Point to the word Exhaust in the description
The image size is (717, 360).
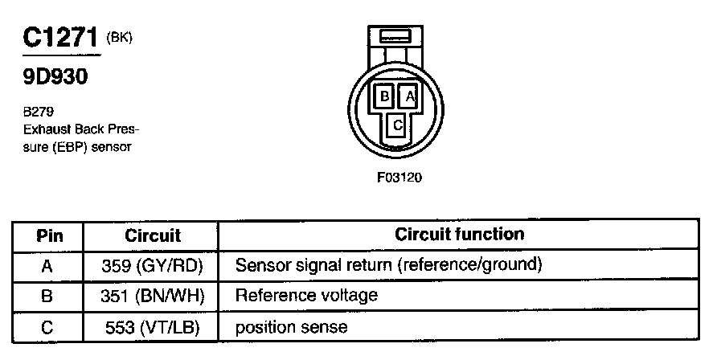pos(48,129)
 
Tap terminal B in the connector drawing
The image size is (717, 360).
pos(385,96)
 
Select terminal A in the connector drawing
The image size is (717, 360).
pos(408,96)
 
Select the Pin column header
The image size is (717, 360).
pos(49,236)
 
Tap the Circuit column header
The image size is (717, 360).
pos(153,236)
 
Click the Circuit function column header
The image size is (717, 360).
pos(459,235)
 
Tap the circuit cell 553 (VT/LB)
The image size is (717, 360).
pos(153,327)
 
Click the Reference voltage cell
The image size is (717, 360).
pos(306,296)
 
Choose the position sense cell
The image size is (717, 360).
pos(291,327)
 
